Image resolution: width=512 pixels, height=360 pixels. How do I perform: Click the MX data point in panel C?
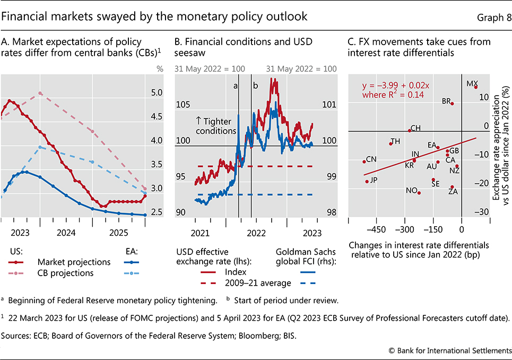(x=476, y=87)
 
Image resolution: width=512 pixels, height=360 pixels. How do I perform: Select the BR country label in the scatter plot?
(x=446, y=101)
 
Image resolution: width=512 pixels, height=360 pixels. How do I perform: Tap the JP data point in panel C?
(x=367, y=182)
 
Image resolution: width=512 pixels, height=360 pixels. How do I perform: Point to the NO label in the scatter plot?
(x=411, y=191)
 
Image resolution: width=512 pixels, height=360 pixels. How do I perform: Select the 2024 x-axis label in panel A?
(x=66, y=233)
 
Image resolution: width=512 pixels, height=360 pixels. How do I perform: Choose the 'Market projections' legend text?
(x=74, y=262)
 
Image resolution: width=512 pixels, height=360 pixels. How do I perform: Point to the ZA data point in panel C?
(x=452, y=187)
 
